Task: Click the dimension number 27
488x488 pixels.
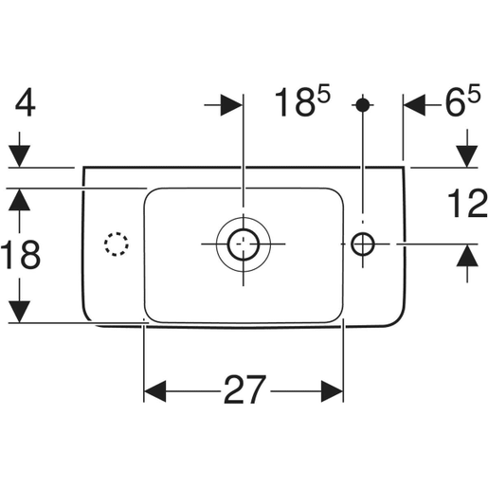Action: (244, 390)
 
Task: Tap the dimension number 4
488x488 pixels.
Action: (26, 102)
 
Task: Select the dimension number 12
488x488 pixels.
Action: (467, 203)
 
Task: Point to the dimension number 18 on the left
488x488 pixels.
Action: (21, 254)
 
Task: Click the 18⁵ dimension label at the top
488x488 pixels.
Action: (302, 100)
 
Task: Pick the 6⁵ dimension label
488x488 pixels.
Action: (462, 100)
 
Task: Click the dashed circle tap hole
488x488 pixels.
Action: (117, 244)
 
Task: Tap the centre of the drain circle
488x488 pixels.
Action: (244, 244)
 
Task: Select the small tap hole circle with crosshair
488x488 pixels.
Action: (363, 244)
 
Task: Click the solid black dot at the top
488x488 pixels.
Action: (363, 105)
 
